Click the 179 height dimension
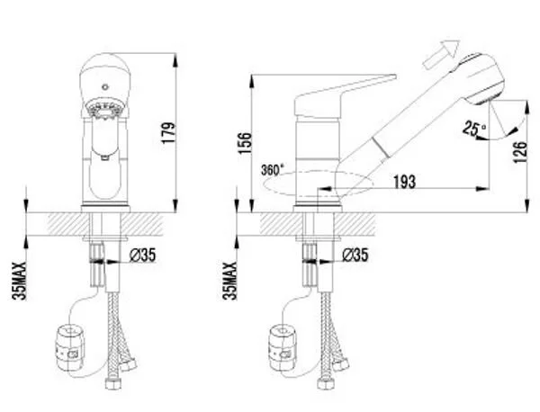(169, 133)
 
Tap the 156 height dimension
(246, 143)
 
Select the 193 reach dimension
(405, 182)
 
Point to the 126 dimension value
(520, 152)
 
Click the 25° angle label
(474, 129)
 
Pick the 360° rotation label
(273, 170)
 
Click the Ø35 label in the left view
(142, 255)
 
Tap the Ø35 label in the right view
(355, 255)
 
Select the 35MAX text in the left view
(19, 281)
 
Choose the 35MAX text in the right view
(229, 281)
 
